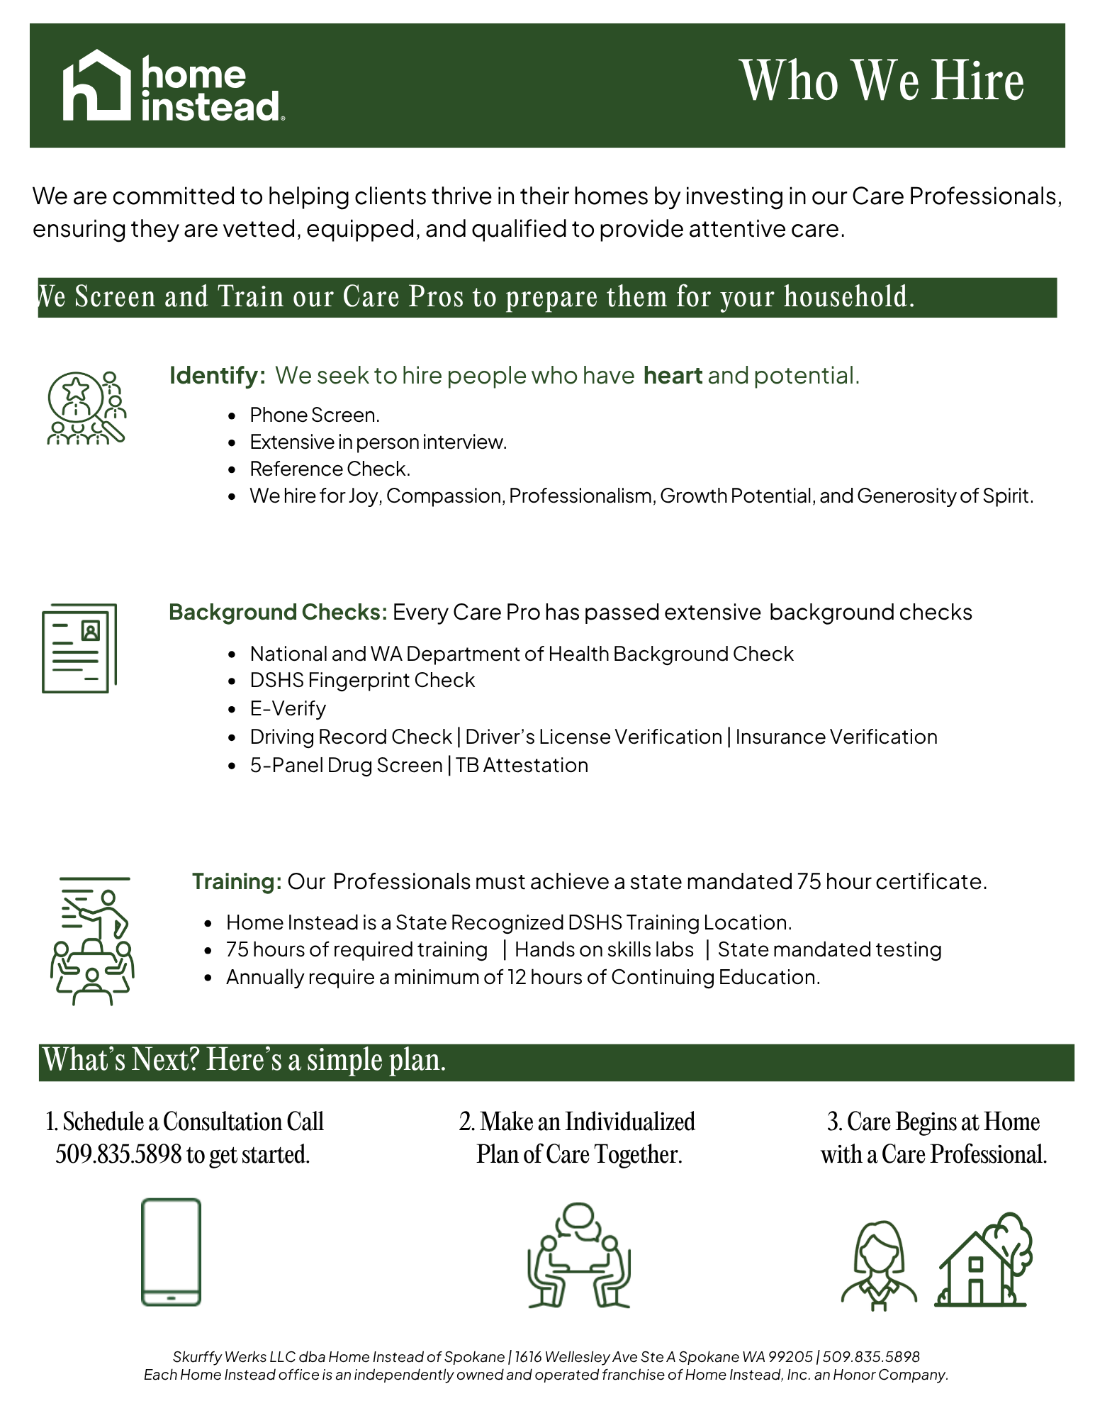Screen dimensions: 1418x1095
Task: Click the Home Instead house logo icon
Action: click(x=96, y=85)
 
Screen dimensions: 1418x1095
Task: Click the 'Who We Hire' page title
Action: click(x=882, y=81)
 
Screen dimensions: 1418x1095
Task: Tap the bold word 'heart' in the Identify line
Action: click(x=672, y=375)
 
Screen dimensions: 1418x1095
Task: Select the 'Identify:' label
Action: click(x=217, y=375)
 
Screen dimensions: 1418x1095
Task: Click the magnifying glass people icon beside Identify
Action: click(x=86, y=408)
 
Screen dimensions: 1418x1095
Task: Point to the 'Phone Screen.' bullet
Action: click(x=315, y=415)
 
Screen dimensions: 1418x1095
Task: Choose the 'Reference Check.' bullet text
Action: click(x=330, y=469)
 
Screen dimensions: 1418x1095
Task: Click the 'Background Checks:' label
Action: click(x=278, y=612)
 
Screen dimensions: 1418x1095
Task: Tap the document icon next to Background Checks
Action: click(x=79, y=648)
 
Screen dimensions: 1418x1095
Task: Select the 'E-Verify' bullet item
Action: click(x=288, y=708)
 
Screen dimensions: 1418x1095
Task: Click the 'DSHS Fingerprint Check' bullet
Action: click(x=362, y=680)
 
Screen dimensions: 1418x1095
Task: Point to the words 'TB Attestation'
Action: click(x=522, y=765)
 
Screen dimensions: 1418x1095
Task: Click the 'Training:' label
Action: click(x=237, y=881)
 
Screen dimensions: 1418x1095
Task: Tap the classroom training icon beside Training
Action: click(x=92, y=940)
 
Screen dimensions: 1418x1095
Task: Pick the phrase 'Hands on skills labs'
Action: click(x=604, y=949)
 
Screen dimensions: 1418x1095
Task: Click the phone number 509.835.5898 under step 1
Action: click(x=118, y=1154)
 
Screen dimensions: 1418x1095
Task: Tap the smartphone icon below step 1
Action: click(x=171, y=1252)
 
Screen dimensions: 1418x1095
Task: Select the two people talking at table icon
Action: click(x=579, y=1256)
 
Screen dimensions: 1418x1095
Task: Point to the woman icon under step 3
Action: click(x=879, y=1264)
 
